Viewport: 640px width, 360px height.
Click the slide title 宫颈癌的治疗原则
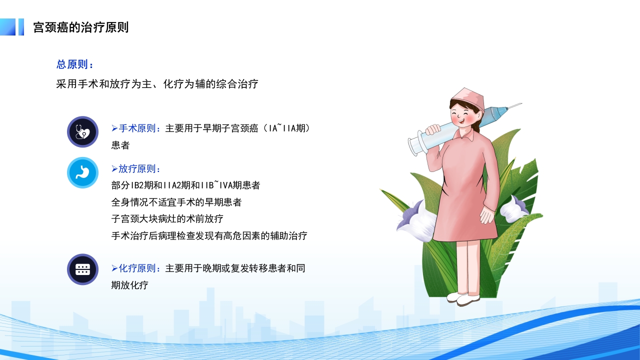81,27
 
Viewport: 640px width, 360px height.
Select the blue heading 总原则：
75,64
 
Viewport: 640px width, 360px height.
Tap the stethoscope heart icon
82,132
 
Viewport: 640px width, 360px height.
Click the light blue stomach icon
82,172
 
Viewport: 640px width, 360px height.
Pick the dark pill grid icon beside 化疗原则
82,269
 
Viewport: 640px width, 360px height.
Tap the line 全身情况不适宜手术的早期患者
176,202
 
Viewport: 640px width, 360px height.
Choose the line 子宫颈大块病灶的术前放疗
167,219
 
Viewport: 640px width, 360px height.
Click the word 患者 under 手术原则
120,145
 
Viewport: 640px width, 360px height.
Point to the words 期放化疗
130,285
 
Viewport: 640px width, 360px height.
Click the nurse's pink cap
468,97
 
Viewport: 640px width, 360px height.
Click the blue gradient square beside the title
8,27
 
